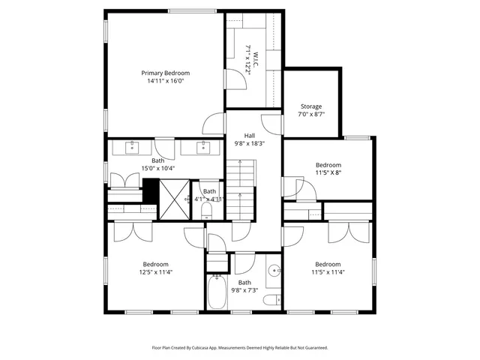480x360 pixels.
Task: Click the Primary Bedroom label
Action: coord(166,73)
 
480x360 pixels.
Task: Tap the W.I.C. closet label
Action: coord(255,55)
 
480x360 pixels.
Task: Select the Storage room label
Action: coord(311,106)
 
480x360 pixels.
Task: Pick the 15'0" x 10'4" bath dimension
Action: coord(158,169)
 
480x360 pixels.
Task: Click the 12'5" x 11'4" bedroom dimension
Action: coord(156,272)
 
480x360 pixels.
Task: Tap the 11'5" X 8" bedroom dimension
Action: coord(328,173)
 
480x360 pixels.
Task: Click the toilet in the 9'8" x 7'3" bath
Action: coord(271,301)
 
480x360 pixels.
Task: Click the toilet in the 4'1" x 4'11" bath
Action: coord(208,211)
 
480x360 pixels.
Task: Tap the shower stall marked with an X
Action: coord(174,201)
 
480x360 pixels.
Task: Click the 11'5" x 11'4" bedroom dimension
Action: coord(328,272)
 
